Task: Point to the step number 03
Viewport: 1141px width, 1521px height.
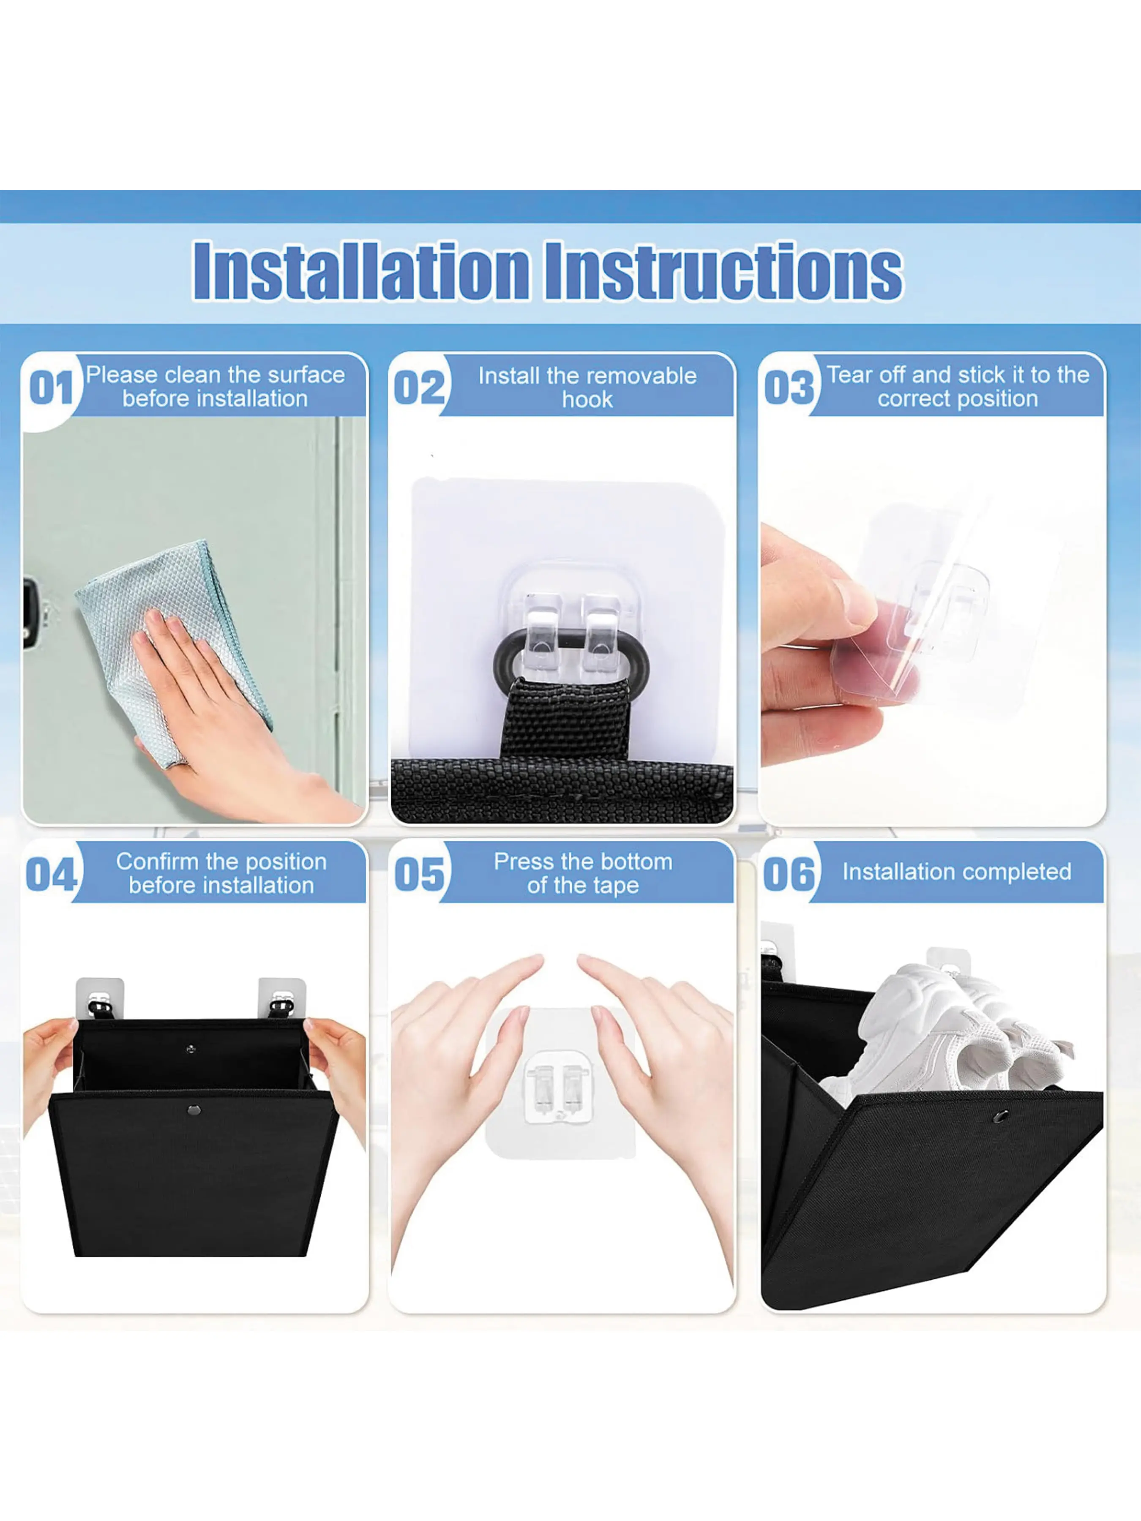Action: coord(789,389)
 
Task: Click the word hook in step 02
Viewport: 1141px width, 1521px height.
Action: coord(587,400)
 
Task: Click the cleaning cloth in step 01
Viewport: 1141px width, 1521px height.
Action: coord(174,653)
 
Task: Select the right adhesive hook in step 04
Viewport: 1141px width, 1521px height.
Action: coord(281,998)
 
